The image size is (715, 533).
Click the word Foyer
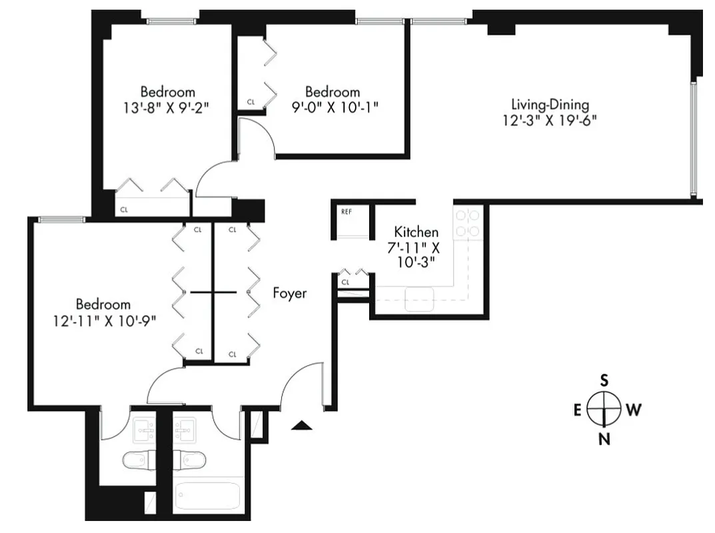(x=290, y=293)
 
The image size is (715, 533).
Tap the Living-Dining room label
(x=550, y=105)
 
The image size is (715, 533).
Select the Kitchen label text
(x=416, y=233)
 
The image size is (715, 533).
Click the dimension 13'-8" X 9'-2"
(x=167, y=107)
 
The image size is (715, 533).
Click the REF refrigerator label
(x=346, y=212)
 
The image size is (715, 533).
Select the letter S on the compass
(x=604, y=380)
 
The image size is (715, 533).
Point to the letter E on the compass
(x=577, y=410)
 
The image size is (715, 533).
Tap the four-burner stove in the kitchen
(x=468, y=223)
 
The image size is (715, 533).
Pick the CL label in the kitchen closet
(x=345, y=282)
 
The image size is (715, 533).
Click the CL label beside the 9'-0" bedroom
(x=251, y=102)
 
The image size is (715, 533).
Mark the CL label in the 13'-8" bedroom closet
(x=124, y=209)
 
